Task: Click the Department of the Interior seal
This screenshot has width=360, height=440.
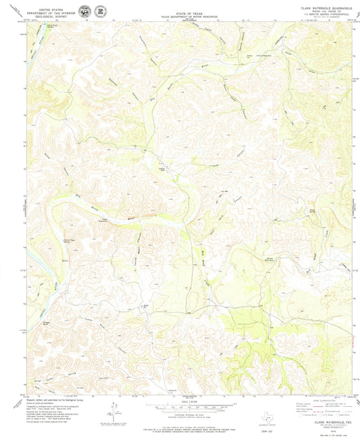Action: tap(84, 11)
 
